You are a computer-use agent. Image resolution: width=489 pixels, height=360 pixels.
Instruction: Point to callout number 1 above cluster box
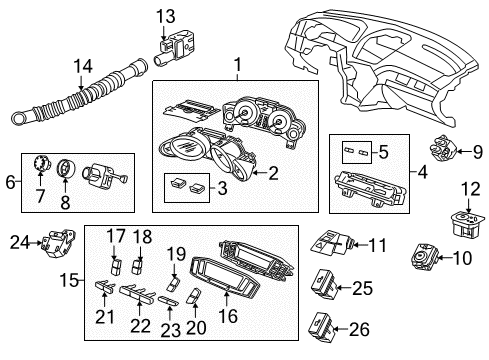point(237,66)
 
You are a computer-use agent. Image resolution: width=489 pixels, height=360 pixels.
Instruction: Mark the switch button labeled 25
point(331,286)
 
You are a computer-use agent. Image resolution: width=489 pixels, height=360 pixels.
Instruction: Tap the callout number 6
point(10,182)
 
